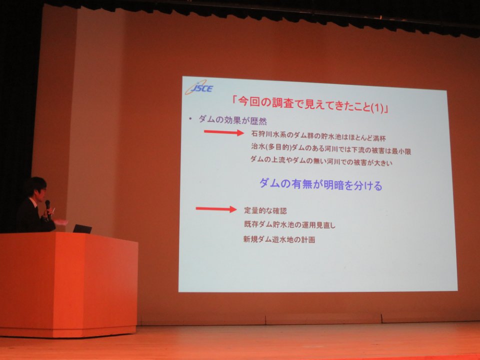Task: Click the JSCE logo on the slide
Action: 199,87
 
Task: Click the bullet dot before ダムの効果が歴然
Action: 190,118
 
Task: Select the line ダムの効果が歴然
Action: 232,119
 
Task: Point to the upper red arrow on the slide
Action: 224,132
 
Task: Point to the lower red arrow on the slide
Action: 216,209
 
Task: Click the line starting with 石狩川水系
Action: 318,136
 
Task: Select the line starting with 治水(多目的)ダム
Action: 331,149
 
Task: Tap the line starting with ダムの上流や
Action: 321,161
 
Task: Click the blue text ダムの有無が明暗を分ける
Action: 321,185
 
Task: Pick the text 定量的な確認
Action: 265,210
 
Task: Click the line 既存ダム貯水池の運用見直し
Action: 289,224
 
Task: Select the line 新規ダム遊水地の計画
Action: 279,239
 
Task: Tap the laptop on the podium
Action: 82,228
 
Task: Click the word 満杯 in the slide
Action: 379,138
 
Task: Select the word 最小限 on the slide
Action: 401,151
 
